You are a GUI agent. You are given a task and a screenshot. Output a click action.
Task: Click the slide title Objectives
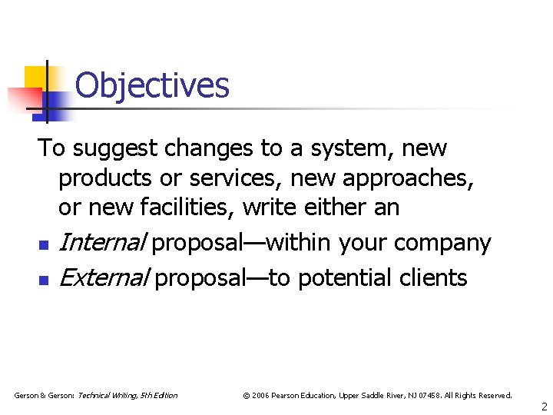click(x=152, y=85)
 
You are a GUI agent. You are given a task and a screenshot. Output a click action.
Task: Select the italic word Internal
click(x=103, y=243)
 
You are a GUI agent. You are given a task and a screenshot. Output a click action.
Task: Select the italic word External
click(x=104, y=277)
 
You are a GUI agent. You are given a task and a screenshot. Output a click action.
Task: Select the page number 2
click(x=544, y=406)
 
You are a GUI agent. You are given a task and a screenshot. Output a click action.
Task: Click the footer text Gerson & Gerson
click(x=41, y=395)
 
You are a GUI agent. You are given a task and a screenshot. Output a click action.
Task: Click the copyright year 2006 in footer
click(x=260, y=395)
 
